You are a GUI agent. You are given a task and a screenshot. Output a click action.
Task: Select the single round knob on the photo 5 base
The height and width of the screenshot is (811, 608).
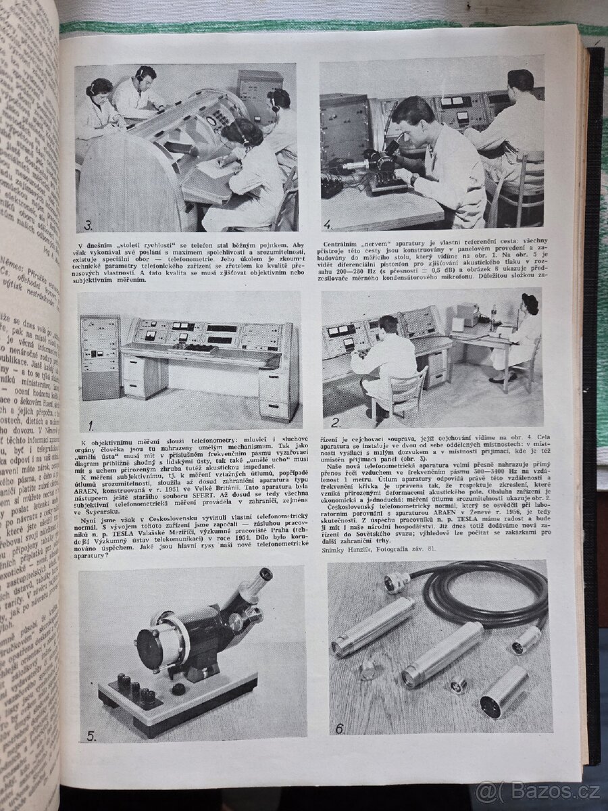click(x=179, y=689)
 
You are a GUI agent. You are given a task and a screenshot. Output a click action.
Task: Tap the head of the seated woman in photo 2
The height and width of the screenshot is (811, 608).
click(x=530, y=303)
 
